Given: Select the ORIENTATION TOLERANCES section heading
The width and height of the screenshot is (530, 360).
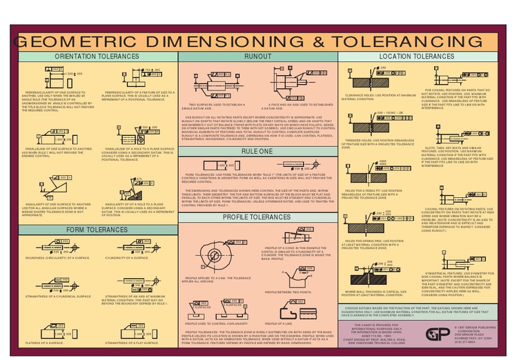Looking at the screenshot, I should tap(97, 57).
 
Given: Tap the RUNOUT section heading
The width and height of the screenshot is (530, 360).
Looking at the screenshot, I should tap(257, 57).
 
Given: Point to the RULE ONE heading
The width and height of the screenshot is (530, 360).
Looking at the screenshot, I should tap(257, 150).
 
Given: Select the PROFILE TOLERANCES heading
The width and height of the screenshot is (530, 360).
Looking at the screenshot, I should tap(257, 218).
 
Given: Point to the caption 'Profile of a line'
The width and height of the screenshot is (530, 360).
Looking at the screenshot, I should tap(279, 323).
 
